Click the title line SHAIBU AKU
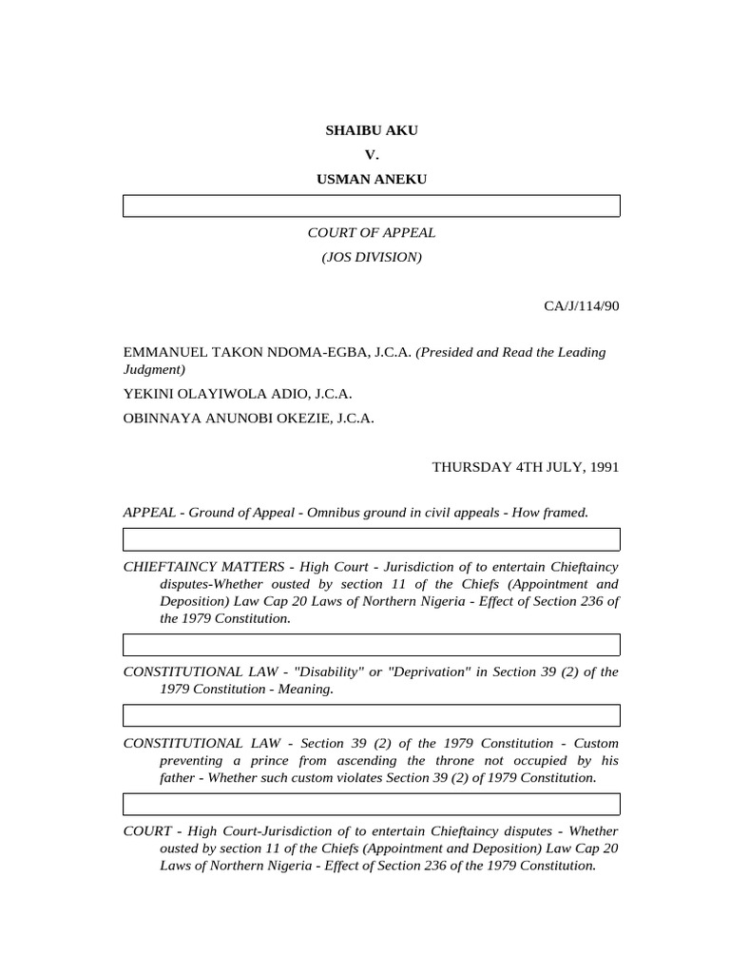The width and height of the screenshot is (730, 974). pos(371,130)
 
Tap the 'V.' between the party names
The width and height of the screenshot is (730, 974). pos(371,154)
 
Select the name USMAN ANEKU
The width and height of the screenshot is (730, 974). pos(371,178)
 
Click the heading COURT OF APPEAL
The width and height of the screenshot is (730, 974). pos(371,232)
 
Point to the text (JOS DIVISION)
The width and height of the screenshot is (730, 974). pos(371,257)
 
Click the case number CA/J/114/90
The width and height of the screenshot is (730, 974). pos(582,305)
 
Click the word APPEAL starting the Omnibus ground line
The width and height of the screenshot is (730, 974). pos(149,513)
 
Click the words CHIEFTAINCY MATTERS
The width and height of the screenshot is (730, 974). pos(203,567)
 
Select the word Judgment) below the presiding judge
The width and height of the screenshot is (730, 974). pos(154,369)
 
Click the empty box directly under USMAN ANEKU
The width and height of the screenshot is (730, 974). pos(371,205)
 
